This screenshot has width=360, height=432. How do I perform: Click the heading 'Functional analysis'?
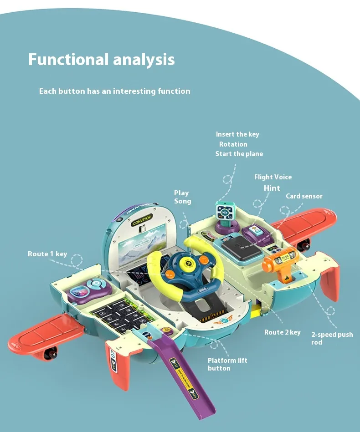click(101, 60)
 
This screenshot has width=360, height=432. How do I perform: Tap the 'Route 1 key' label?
click(47, 254)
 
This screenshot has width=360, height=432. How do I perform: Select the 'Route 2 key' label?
click(282, 332)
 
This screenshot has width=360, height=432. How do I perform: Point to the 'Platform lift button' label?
click(227, 364)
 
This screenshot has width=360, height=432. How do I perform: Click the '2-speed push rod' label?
click(332, 338)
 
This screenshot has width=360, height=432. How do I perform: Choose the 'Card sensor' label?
click(304, 196)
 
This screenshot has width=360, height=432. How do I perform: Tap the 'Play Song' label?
click(182, 197)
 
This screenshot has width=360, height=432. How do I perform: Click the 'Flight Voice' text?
click(273, 177)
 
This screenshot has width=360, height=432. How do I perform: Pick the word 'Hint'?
click(272, 188)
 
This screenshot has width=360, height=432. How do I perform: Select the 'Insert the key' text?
click(237, 134)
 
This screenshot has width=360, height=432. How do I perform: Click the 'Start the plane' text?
click(239, 154)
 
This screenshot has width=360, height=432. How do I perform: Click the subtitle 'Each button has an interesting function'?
click(114, 91)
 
